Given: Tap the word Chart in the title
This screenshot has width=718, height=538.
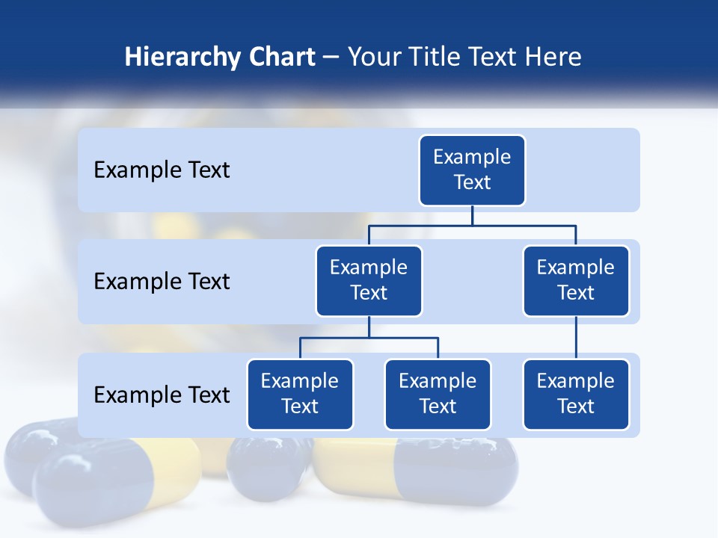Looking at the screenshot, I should click(278, 58).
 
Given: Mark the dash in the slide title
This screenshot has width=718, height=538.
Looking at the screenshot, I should click(331, 58).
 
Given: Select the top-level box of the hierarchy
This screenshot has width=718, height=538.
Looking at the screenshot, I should click(472, 170).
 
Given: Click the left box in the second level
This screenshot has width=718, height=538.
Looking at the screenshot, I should click(369, 281).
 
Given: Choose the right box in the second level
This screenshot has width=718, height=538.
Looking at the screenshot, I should click(576, 281).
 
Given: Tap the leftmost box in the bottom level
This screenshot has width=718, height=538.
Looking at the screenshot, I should click(300, 395).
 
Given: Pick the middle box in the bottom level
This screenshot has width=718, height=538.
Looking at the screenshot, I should click(438, 395).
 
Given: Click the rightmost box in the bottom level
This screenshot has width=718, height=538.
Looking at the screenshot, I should click(576, 395).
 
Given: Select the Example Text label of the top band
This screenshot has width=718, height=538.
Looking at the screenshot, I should click(162, 170).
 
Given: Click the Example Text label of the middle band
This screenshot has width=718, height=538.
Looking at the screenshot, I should click(162, 282).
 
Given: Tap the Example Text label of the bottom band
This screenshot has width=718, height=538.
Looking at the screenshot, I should click(162, 395).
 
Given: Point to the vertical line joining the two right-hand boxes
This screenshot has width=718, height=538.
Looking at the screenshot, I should click(576, 338).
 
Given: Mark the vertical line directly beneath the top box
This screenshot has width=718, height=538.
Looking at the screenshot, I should click(472, 215).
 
